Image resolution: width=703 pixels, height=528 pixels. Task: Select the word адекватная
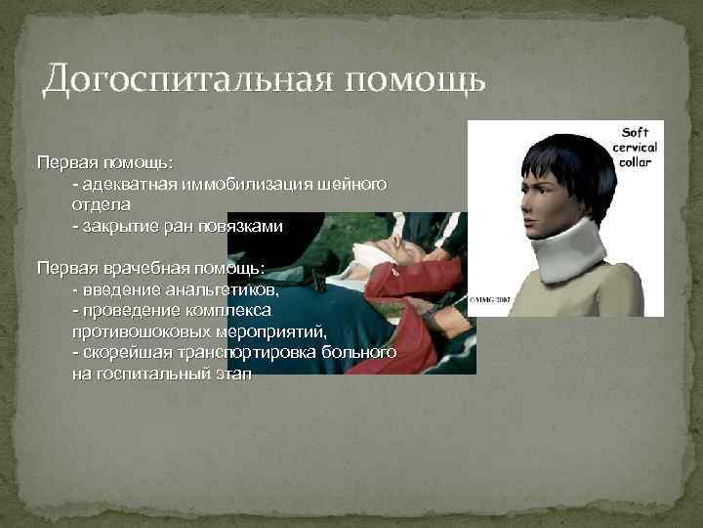coord(122,184)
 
